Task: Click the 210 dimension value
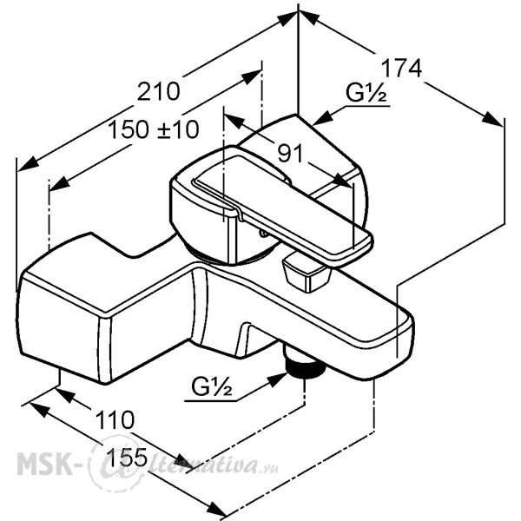159,91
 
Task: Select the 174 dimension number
401,69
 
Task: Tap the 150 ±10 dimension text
154,129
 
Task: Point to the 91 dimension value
290,153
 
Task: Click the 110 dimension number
115,419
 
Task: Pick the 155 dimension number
127,458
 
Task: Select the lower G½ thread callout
212,386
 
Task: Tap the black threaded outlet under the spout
305,367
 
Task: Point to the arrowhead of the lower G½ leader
276,379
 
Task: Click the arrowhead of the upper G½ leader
323,119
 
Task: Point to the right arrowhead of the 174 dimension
491,119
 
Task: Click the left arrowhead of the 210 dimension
28,164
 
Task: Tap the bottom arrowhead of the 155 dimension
216,510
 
